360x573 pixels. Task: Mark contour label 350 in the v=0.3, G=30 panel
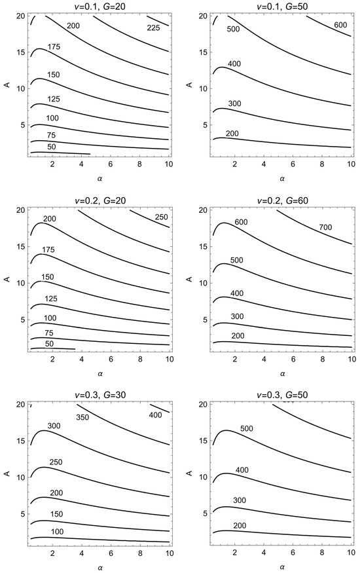click(82, 417)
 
